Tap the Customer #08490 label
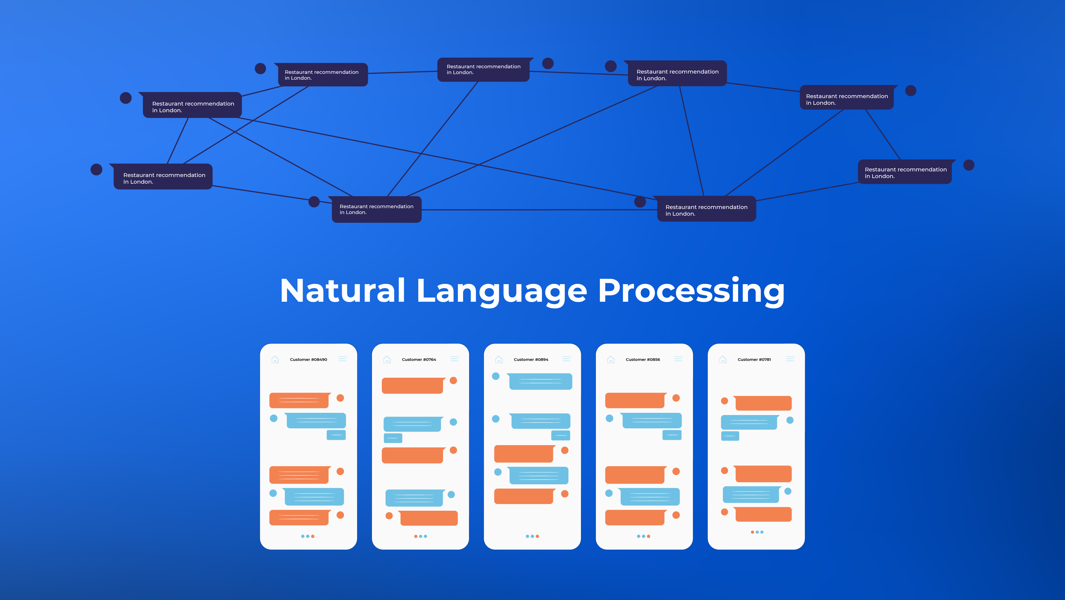point(308,360)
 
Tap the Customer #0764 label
point(419,360)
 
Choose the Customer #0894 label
point(531,360)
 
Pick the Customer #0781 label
point(754,360)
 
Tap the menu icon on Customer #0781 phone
point(790,359)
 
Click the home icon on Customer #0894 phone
point(499,360)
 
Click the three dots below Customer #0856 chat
point(643,536)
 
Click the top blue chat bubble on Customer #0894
point(540,381)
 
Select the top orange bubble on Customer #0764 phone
point(413,386)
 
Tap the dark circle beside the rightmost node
point(969,165)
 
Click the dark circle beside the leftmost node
point(96,170)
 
